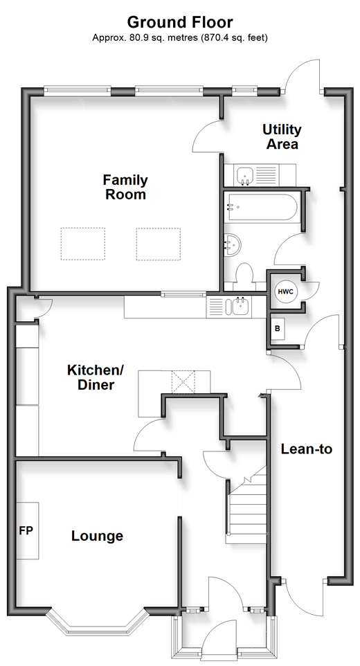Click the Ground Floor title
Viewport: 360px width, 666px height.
coord(180,21)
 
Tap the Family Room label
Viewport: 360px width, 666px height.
coord(125,187)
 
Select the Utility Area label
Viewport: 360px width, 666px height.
coord(282,136)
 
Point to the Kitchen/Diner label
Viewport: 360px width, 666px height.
coord(95,377)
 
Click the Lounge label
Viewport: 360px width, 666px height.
coord(97,536)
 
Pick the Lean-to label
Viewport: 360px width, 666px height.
coord(307,449)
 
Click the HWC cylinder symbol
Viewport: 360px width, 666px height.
coord(286,291)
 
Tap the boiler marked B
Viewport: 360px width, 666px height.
coord(278,329)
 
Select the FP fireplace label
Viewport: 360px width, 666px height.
coord(26,530)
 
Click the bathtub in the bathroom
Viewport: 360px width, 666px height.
coord(262,207)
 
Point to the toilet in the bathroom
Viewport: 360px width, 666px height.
coord(244,273)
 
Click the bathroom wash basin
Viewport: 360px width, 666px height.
coord(233,244)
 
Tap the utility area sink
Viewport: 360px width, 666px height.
coord(245,175)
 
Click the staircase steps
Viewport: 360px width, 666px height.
coord(248,505)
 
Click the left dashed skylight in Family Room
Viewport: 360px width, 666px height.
coord(83,244)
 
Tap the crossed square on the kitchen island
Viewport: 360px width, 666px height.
coord(183,382)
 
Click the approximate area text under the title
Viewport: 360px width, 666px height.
coord(180,37)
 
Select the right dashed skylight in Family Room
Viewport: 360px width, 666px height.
coord(159,244)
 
